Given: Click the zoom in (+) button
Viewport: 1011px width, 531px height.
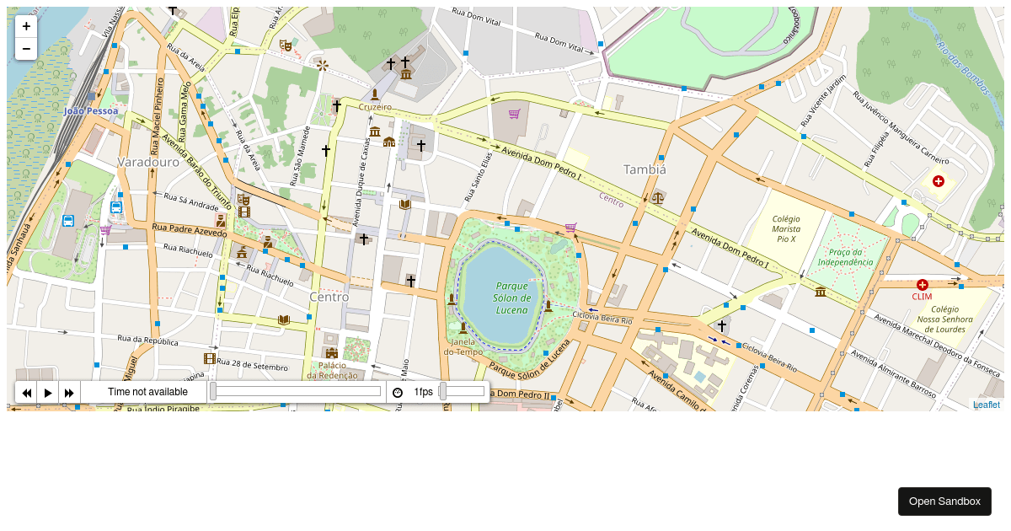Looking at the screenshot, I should [x=26, y=26].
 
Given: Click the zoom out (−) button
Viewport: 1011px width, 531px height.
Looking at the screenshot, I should [x=26, y=49].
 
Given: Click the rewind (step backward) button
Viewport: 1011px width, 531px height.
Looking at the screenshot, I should [x=26, y=393].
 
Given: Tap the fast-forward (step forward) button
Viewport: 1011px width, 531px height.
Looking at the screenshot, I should [x=70, y=393].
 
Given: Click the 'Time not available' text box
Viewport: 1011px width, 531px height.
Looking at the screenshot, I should [x=147, y=392].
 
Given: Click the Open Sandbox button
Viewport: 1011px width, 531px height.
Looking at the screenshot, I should [x=944, y=501].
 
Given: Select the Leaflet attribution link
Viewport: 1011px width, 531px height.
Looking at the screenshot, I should [x=987, y=405].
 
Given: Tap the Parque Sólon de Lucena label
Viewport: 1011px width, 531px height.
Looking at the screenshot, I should [x=512, y=298].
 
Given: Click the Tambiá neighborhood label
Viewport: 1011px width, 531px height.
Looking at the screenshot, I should [x=645, y=169].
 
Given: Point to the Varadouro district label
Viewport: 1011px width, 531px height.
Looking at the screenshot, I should [x=148, y=161].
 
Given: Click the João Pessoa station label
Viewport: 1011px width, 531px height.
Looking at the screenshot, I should [x=91, y=110].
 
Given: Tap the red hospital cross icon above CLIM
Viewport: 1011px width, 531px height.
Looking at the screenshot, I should [x=923, y=285].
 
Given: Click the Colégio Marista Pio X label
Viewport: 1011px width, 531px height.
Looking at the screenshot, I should [x=786, y=228].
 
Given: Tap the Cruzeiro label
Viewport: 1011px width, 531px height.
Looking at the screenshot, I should [x=375, y=107].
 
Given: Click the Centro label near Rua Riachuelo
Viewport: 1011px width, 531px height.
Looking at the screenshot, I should [x=329, y=297].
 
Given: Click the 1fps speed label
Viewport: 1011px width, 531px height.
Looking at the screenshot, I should [x=423, y=392].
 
